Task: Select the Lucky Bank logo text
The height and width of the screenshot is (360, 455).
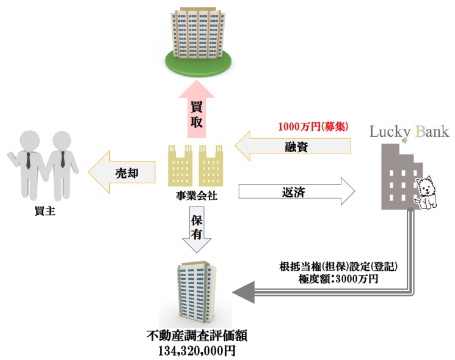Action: point(409,131)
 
